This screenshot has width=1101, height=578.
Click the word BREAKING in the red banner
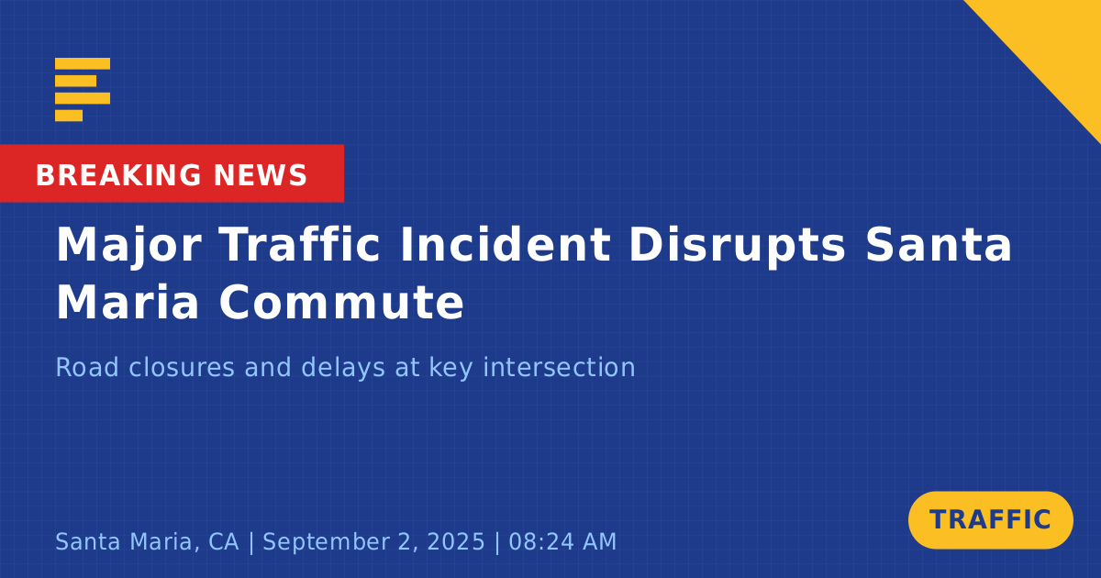point(118,175)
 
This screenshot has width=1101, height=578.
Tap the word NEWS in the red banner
point(261,175)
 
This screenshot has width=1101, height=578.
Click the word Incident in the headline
point(506,244)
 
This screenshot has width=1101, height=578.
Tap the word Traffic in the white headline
point(299,244)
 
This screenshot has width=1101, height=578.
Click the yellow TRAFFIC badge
point(990,519)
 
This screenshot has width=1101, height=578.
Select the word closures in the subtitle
point(182,367)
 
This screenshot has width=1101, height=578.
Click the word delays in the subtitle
point(343,369)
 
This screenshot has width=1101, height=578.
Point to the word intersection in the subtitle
point(560,367)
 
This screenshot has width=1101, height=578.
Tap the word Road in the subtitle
point(87,367)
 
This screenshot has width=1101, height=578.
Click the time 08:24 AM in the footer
point(562,541)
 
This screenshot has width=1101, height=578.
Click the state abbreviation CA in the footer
point(224,541)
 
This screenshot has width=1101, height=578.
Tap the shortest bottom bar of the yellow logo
point(69,116)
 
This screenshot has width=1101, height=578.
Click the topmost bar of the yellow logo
point(83,63)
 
